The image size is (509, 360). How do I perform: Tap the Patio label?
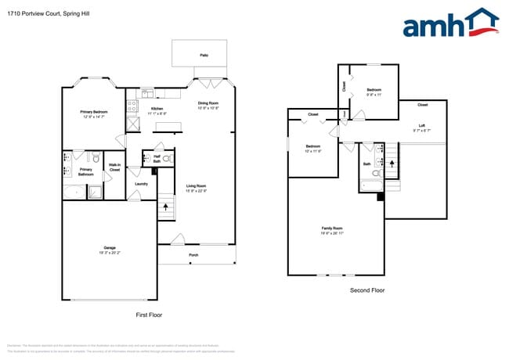204,56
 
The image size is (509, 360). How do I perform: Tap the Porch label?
193,255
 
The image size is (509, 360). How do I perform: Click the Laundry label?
141,184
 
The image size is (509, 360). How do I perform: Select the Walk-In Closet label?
114,166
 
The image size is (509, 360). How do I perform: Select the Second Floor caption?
367,290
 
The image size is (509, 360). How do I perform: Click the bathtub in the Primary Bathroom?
73,192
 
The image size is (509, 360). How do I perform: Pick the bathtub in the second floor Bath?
370,185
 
